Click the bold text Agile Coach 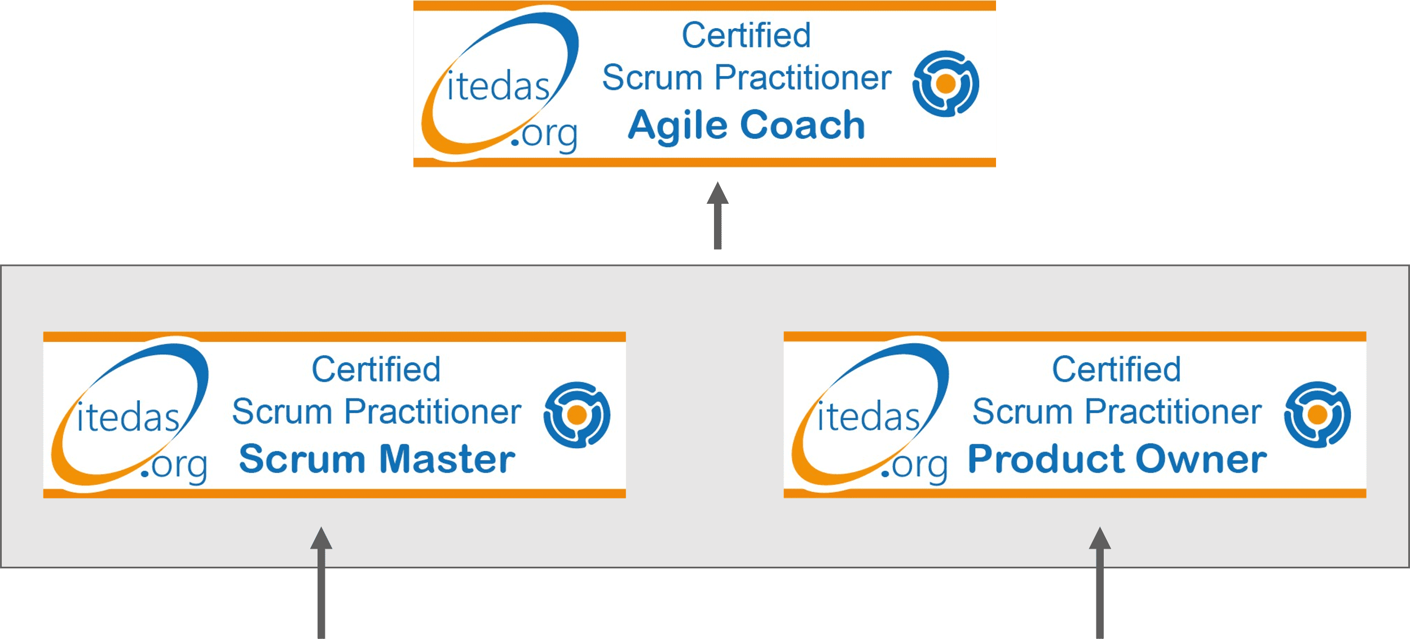[x=746, y=125]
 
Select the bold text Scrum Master [x=377, y=458]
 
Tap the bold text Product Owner [x=1117, y=458]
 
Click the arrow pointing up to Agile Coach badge [x=717, y=215]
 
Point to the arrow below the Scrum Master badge [x=321, y=583]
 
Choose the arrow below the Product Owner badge [x=1100, y=583]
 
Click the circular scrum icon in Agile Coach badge [x=946, y=84]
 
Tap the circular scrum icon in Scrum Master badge [x=576, y=415]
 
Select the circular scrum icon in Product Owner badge [x=1318, y=415]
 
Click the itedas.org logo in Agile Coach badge [x=500, y=84]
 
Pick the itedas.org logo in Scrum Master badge [x=130, y=415]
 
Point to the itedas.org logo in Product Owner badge [x=870, y=415]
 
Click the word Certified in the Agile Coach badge [x=746, y=35]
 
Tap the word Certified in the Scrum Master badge [x=376, y=369]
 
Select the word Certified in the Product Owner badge [x=1117, y=369]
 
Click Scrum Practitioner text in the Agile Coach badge [x=747, y=77]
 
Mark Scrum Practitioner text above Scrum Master [x=377, y=412]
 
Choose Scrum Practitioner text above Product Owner [x=1117, y=412]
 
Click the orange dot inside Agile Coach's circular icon [x=946, y=84]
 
